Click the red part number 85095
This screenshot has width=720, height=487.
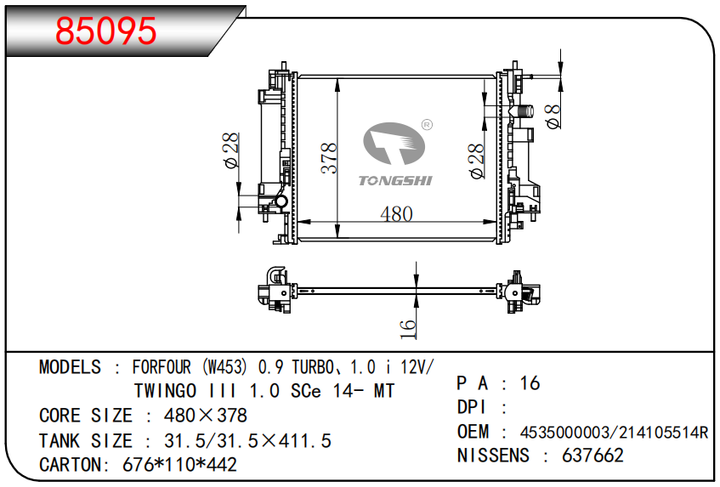[x=106, y=31]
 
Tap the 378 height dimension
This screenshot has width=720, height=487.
[x=329, y=158]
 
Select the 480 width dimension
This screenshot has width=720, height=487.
[x=396, y=214]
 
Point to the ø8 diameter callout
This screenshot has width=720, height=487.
[x=553, y=116]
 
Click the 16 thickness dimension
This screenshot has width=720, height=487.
[x=408, y=329]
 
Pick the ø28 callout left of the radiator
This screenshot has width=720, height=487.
[x=231, y=150]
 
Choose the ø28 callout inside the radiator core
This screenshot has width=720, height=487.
[x=477, y=161]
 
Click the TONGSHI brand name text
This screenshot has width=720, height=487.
[x=395, y=180]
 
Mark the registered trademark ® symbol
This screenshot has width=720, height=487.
[x=427, y=125]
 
